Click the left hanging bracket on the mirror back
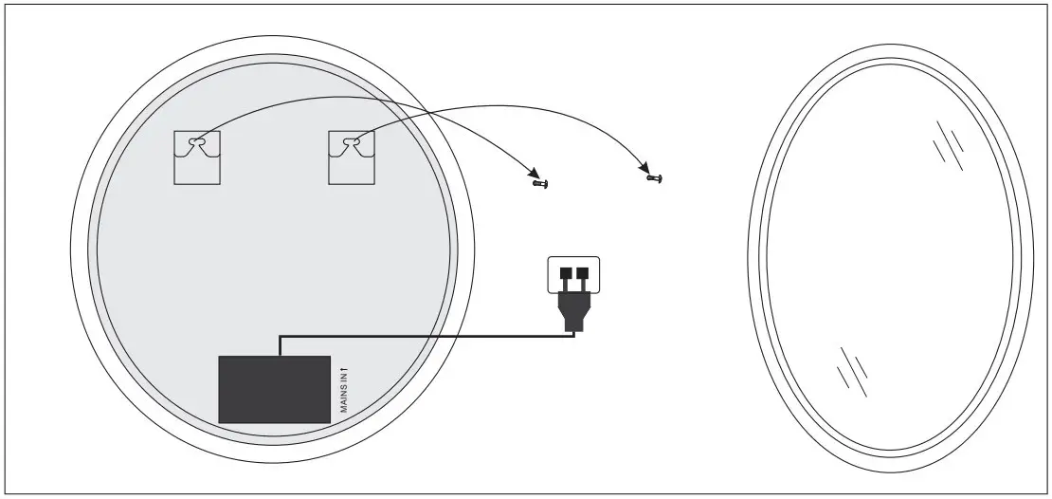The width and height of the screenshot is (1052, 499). pyautogui.click(x=197, y=157)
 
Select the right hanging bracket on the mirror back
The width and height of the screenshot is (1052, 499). pyautogui.click(x=352, y=157)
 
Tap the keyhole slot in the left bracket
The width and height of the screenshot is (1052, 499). pyautogui.click(x=196, y=142)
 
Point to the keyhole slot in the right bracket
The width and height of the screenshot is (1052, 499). pyautogui.click(x=352, y=142)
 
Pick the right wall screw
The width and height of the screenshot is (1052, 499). pyautogui.click(x=654, y=176)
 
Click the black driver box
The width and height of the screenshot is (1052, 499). pyautogui.click(x=274, y=389)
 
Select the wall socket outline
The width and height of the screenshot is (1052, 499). pyautogui.click(x=574, y=273)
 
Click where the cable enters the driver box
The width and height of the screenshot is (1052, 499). pyautogui.click(x=280, y=355)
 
